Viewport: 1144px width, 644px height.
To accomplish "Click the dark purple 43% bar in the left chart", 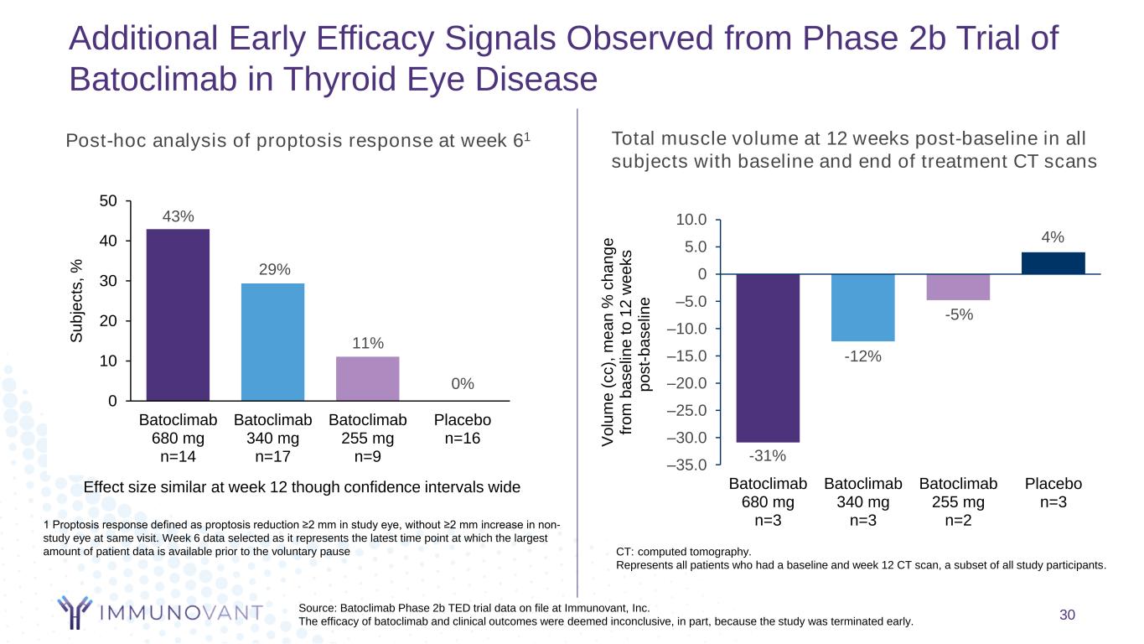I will (178, 314).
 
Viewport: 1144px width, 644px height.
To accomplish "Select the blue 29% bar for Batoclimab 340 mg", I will (272, 342).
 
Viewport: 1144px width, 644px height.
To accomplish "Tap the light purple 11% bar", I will (367, 379).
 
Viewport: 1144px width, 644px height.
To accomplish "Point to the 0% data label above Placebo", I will (463, 383).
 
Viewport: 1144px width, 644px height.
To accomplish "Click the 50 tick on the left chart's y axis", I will (108, 201).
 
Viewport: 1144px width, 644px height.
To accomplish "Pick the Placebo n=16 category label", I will (462, 428).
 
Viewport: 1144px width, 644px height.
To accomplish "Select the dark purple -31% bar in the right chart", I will (768, 358).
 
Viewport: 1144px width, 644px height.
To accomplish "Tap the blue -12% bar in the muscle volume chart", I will (862, 308).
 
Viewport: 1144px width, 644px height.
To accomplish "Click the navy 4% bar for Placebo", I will (1053, 263).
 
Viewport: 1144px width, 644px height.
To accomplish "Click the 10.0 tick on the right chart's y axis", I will (692, 220).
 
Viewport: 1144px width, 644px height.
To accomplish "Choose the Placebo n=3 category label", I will (1053, 493).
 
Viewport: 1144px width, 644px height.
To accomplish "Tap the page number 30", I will (1067, 615).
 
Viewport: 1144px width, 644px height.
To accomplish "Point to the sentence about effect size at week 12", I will (303, 487).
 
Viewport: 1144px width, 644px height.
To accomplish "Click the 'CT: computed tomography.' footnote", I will (683, 552).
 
